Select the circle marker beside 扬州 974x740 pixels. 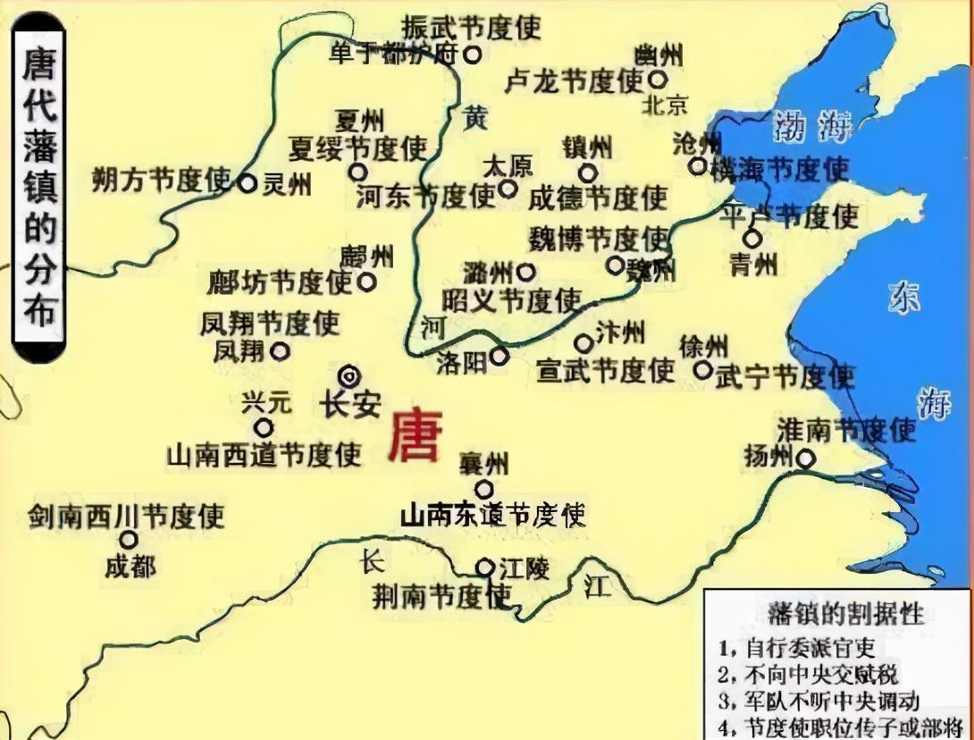805,459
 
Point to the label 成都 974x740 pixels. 130,567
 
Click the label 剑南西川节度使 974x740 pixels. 126,516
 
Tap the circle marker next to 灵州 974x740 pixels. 247,183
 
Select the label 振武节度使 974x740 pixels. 471,26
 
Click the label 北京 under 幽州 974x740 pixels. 665,105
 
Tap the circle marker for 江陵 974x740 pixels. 484,567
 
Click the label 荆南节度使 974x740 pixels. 442,595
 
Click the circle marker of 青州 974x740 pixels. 752,239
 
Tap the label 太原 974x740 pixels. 507,166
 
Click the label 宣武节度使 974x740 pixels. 605,370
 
